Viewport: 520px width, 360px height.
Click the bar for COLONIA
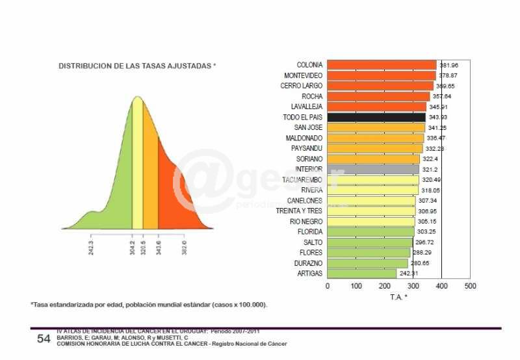click(382, 65)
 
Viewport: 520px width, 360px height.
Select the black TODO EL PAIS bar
click(376, 117)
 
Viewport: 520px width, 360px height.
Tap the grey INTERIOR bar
click(373, 169)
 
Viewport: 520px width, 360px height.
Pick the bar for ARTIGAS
click(361, 274)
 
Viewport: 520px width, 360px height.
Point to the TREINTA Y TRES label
click(299, 211)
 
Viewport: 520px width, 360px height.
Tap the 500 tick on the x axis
click(470, 286)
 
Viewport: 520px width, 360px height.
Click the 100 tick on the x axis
click(356, 286)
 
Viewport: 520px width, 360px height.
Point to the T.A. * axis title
click(398, 297)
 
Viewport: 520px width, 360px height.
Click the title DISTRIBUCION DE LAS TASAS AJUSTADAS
click(137, 66)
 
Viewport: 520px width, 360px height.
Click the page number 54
click(44, 339)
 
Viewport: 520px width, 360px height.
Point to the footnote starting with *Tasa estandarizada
click(148, 305)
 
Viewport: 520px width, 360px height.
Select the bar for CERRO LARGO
click(380, 86)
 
